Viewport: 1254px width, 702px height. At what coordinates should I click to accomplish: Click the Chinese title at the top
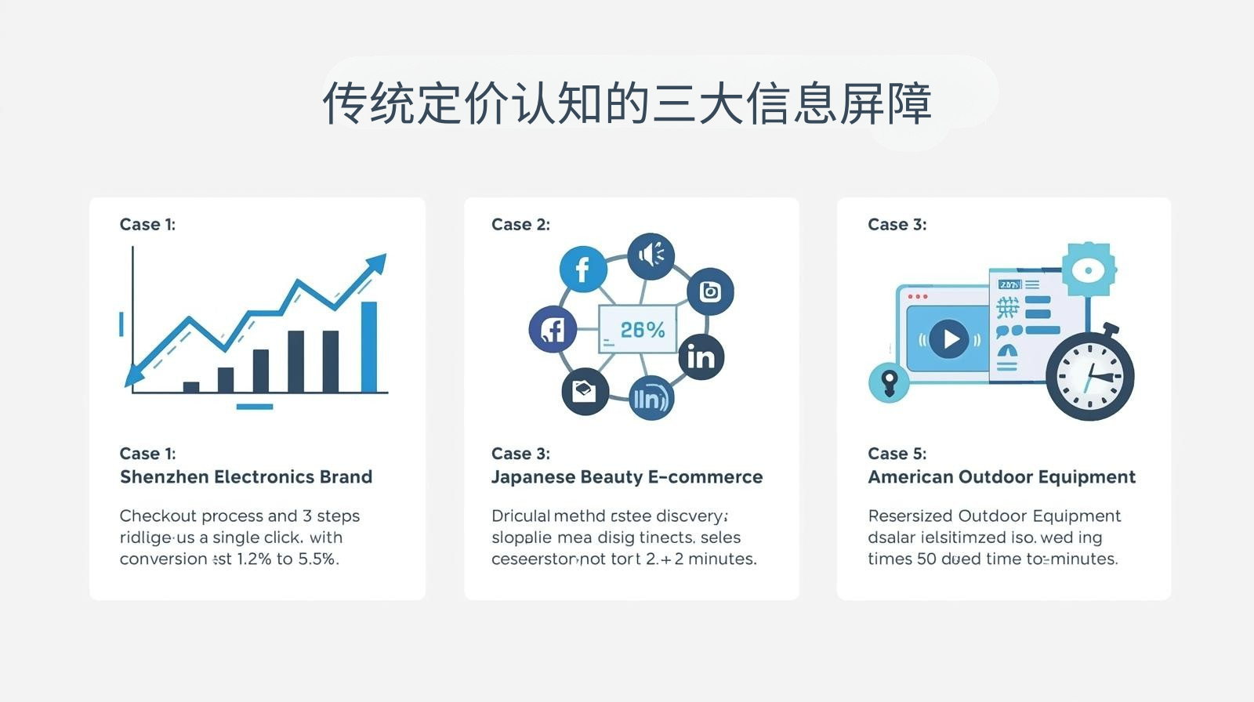click(x=627, y=103)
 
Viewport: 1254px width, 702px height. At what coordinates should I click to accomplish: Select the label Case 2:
click(x=520, y=225)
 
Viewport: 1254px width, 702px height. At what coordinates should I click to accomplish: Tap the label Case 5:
click(x=897, y=454)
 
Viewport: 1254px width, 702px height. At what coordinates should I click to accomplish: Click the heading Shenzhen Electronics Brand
click(x=246, y=477)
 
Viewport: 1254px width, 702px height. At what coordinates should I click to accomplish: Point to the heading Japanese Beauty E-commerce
click(x=627, y=477)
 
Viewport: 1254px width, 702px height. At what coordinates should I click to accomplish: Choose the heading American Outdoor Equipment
click(x=1002, y=477)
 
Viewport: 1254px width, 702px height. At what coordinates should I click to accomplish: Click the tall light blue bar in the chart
click(x=368, y=346)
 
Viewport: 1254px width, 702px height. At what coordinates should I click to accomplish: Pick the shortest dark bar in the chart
click(x=191, y=386)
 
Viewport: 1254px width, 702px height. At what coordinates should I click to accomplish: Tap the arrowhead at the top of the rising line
click(x=377, y=263)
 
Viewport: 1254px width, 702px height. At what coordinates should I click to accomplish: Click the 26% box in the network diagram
click(x=636, y=329)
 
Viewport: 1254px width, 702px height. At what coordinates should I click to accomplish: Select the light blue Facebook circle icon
click(x=582, y=270)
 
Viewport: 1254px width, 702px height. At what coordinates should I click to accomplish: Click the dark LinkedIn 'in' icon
click(x=701, y=357)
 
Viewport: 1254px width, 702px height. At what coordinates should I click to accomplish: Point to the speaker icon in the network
click(x=651, y=255)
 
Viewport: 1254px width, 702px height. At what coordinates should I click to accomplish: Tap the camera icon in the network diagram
click(x=710, y=291)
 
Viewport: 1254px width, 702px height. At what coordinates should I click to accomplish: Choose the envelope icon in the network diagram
click(x=585, y=390)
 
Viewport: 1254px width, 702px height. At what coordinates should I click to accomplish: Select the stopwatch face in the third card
click(x=1089, y=375)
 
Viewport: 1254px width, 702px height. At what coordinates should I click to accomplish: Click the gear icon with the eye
click(x=1089, y=270)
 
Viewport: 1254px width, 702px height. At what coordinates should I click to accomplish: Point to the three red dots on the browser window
click(x=917, y=297)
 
